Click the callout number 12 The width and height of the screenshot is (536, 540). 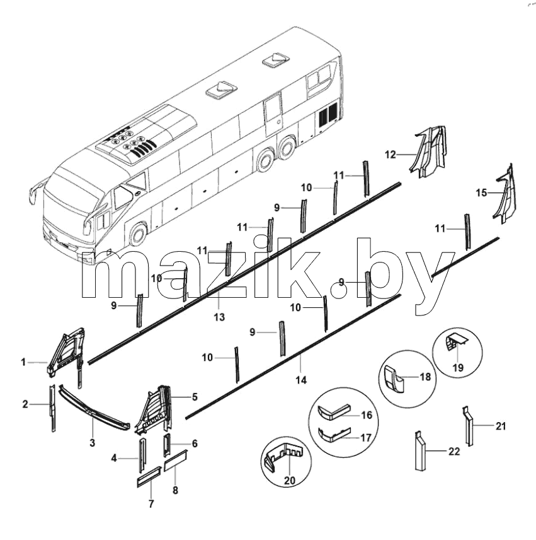pos(391,155)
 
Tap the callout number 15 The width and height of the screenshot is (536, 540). pos(481,193)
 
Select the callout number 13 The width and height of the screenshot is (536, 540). pos(219,317)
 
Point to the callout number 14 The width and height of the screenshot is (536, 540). pos(301,380)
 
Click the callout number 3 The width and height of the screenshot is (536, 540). pos(92,443)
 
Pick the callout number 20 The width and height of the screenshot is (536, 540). pos(290,481)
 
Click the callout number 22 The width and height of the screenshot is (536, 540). pos(454,451)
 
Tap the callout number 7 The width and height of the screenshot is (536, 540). pos(151,504)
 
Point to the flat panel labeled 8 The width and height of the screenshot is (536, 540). pos(176,461)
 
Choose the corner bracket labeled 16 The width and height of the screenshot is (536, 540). pos(333,412)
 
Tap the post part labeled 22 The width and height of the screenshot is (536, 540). pos(420,451)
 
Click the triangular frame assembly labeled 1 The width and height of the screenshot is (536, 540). pos(66,351)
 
